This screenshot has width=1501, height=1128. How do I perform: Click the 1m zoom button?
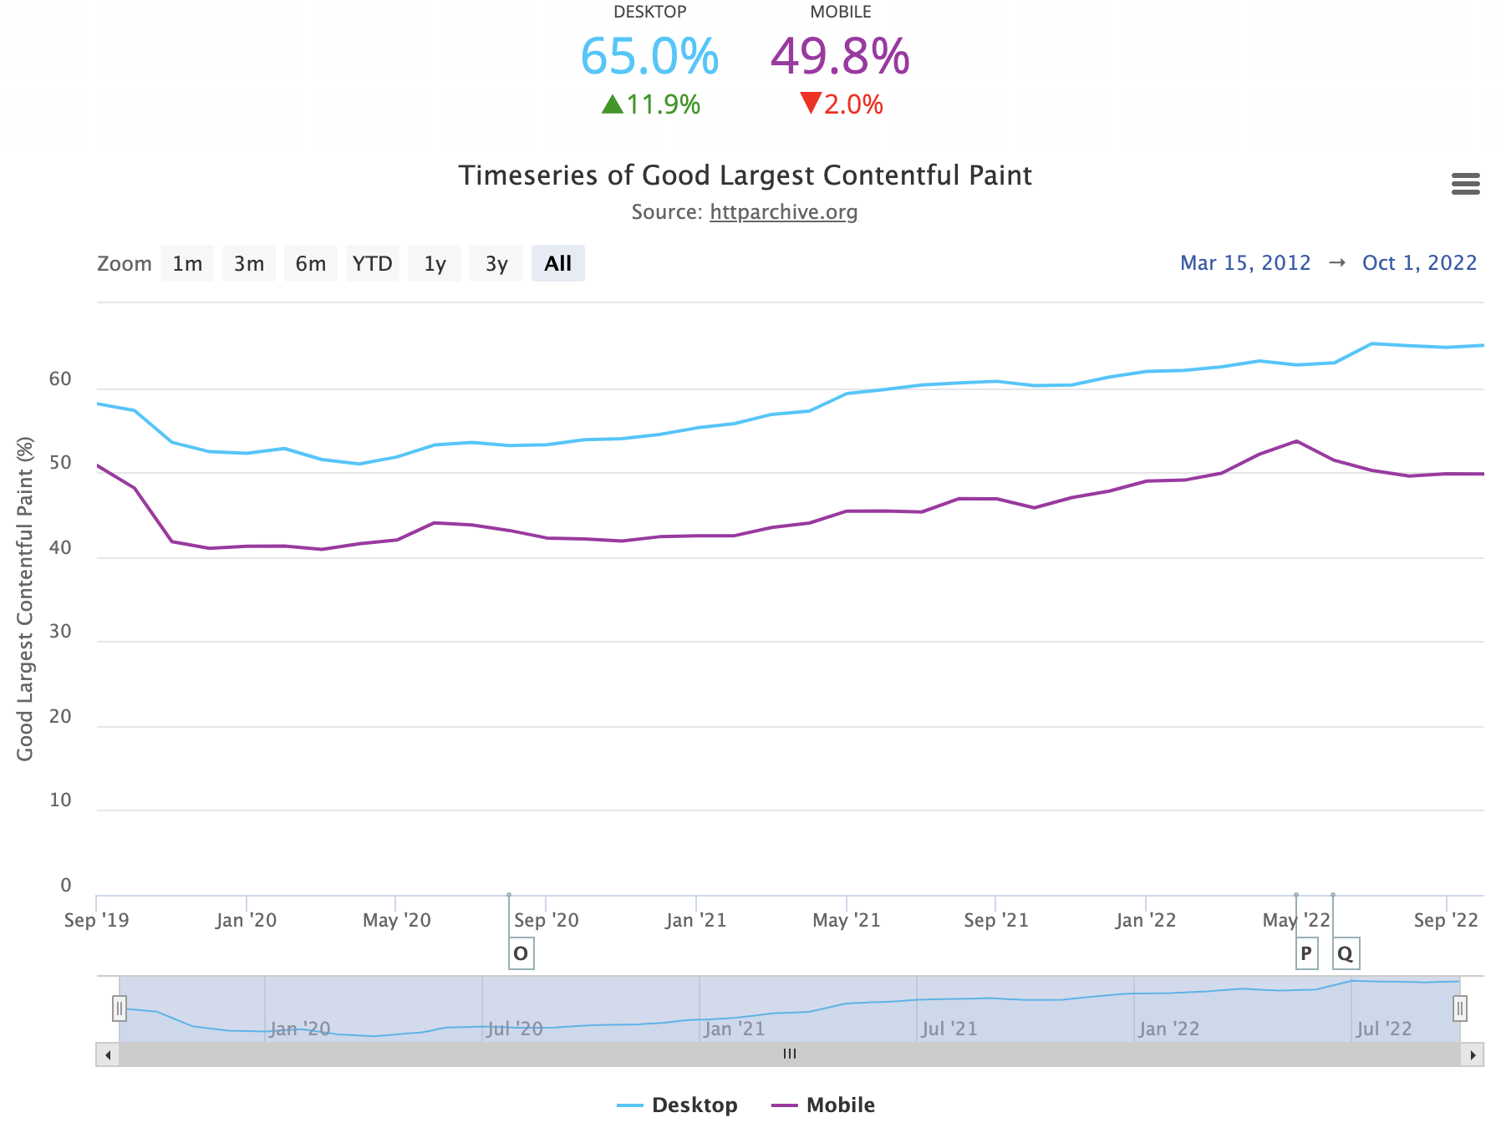coord(187,264)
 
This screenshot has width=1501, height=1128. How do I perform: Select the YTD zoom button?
coord(373,264)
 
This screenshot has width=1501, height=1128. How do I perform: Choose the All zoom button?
coord(557,264)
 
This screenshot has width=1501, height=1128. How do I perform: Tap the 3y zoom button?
coord(496,264)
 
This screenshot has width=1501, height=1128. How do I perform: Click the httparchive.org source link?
coord(783,212)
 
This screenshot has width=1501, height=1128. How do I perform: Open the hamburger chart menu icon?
coord(1465,184)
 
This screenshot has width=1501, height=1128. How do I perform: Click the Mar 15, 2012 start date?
coord(1244,263)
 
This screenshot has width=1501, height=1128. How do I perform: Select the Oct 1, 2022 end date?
coord(1419,263)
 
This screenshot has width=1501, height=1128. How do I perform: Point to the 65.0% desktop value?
coord(649,57)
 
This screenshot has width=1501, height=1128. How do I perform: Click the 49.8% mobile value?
coord(840,57)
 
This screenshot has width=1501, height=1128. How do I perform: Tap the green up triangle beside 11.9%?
coord(613,104)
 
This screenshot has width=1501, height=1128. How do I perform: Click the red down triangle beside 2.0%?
coord(811,103)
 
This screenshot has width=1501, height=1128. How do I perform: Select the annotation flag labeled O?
coord(521,953)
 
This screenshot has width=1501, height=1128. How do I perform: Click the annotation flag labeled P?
coord(1306,953)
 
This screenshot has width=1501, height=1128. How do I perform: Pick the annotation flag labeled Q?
coord(1345,953)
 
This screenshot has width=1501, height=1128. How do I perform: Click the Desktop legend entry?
coord(678,1105)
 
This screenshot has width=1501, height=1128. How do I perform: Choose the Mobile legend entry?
coord(823,1105)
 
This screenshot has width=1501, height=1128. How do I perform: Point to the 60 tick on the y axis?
coord(60,379)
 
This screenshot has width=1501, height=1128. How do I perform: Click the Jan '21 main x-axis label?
coord(695,921)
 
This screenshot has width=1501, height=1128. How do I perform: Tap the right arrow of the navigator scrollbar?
coord(1473,1054)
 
